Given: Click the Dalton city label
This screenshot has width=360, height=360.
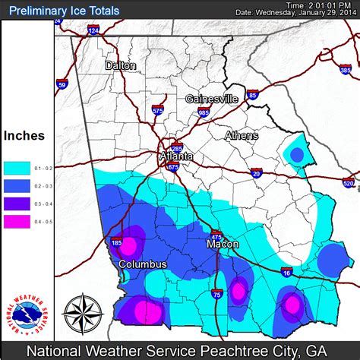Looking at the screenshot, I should tap(122, 65).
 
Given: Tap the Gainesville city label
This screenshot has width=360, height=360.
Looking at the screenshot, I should tap(212, 99).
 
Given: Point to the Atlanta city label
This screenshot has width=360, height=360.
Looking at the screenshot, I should tap(176, 156).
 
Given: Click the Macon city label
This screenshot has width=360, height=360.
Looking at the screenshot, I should tap(223, 245).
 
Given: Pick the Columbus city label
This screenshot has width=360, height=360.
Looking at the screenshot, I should tap(142, 264).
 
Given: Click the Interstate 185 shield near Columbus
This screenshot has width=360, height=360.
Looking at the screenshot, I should tap(115, 242).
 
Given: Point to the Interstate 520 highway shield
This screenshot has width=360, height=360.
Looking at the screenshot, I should tap(349, 183).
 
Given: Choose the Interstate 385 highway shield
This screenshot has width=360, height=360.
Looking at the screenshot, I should tap(346, 71).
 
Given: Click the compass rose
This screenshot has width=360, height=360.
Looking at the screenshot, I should tap(83, 313).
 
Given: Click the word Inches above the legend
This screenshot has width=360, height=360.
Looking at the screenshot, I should tap(24, 137).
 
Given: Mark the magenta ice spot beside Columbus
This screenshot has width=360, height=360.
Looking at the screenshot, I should tap(129, 245).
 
